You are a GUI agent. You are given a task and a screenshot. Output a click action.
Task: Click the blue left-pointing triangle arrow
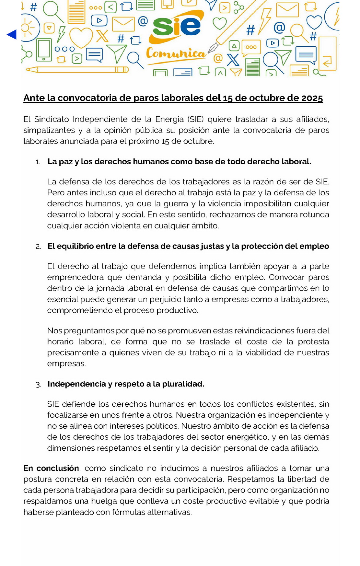point(12,34)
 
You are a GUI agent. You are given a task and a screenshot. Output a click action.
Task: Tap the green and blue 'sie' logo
point(177,26)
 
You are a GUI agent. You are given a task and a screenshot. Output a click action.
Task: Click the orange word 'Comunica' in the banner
point(176,53)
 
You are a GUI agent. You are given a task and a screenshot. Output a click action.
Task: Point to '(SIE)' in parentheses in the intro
point(196,119)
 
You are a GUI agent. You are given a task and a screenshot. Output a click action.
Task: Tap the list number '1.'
point(38,162)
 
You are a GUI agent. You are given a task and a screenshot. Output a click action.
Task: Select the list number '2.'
point(38,247)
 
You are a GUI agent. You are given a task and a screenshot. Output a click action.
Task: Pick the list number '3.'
point(38,385)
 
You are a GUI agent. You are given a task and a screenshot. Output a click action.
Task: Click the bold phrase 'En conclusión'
point(51,468)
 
